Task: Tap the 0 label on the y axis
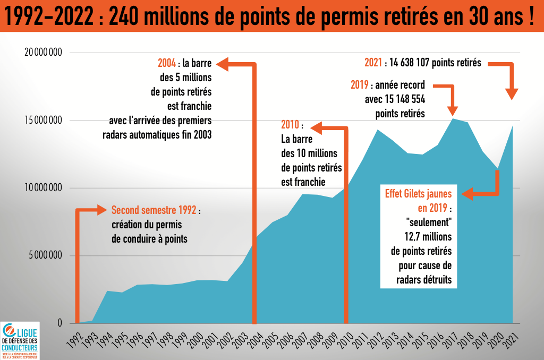click(x=59, y=323)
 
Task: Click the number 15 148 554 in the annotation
click(x=402, y=99)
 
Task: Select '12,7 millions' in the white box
click(x=424, y=235)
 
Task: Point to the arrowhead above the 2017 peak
click(x=453, y=109)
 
